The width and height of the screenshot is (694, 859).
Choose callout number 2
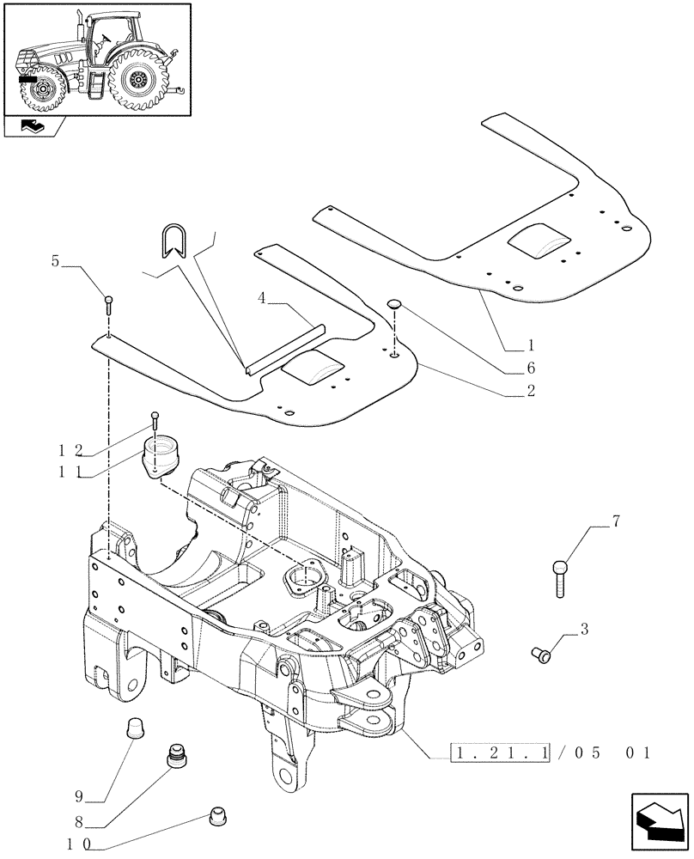coord(530,391)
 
